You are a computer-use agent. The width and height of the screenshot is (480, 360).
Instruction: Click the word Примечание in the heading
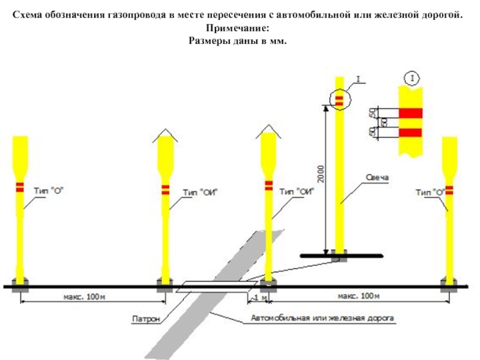point(238,28)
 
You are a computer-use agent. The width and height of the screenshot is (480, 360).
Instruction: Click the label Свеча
point(377,178)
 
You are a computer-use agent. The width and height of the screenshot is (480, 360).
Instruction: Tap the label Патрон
point(146,319)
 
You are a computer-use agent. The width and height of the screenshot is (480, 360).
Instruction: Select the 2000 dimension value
point(320,174)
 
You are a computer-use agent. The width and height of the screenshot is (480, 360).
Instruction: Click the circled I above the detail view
point(412,79)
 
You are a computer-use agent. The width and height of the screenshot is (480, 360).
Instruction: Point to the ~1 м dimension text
point(259,298)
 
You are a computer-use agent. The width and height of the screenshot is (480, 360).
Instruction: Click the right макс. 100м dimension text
point(358,296)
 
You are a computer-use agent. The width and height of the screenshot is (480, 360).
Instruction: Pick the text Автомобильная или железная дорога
point(322,318)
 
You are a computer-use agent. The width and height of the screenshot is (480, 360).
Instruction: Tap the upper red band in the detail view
point(410,113)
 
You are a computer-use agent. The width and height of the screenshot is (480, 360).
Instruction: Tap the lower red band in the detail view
point(410,133)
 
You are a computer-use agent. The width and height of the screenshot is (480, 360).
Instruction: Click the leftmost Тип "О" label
point(49,191)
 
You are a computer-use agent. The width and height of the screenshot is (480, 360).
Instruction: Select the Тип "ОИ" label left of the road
point(200,193)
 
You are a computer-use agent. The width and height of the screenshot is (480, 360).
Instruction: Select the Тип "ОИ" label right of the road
point(297,191)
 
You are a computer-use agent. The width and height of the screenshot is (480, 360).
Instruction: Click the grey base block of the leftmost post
point(20,286)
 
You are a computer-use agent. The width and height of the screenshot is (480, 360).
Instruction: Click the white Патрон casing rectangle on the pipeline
point(217,287)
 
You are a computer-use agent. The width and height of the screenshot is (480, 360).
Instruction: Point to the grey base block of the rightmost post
point(449,285)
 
